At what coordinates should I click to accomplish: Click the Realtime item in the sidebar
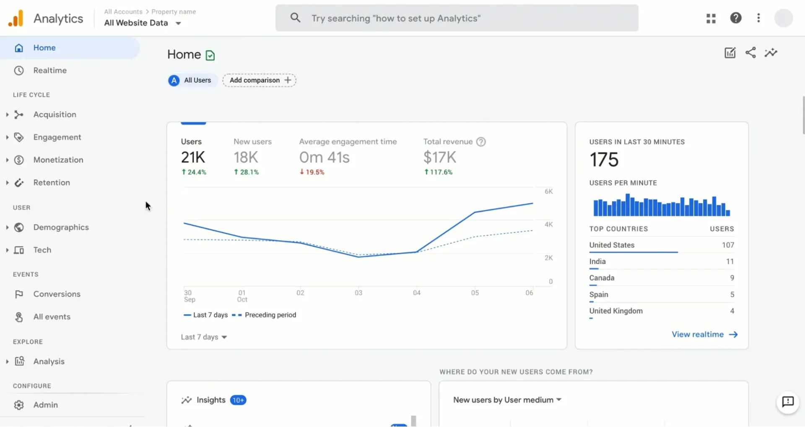49,70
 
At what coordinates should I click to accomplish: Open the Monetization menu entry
58,160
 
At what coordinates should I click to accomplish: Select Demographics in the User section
61,227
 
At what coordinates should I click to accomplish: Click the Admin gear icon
19,405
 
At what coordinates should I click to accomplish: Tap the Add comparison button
259,80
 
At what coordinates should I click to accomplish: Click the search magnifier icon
295,18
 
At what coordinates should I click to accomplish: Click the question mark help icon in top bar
735,18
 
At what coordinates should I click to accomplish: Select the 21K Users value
193,158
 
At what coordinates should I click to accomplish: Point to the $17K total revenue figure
439,158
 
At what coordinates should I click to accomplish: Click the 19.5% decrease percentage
312,172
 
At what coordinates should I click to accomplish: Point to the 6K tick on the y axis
548,192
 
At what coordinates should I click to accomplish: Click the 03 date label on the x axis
358,293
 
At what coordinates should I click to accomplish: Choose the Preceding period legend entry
270,315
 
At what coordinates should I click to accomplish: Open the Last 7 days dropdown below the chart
204,337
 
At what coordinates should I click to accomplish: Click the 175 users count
604,160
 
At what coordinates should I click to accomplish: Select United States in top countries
612,245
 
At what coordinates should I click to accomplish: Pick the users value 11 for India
730,261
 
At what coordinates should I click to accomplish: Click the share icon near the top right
750,53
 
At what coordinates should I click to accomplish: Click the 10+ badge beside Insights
238,400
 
